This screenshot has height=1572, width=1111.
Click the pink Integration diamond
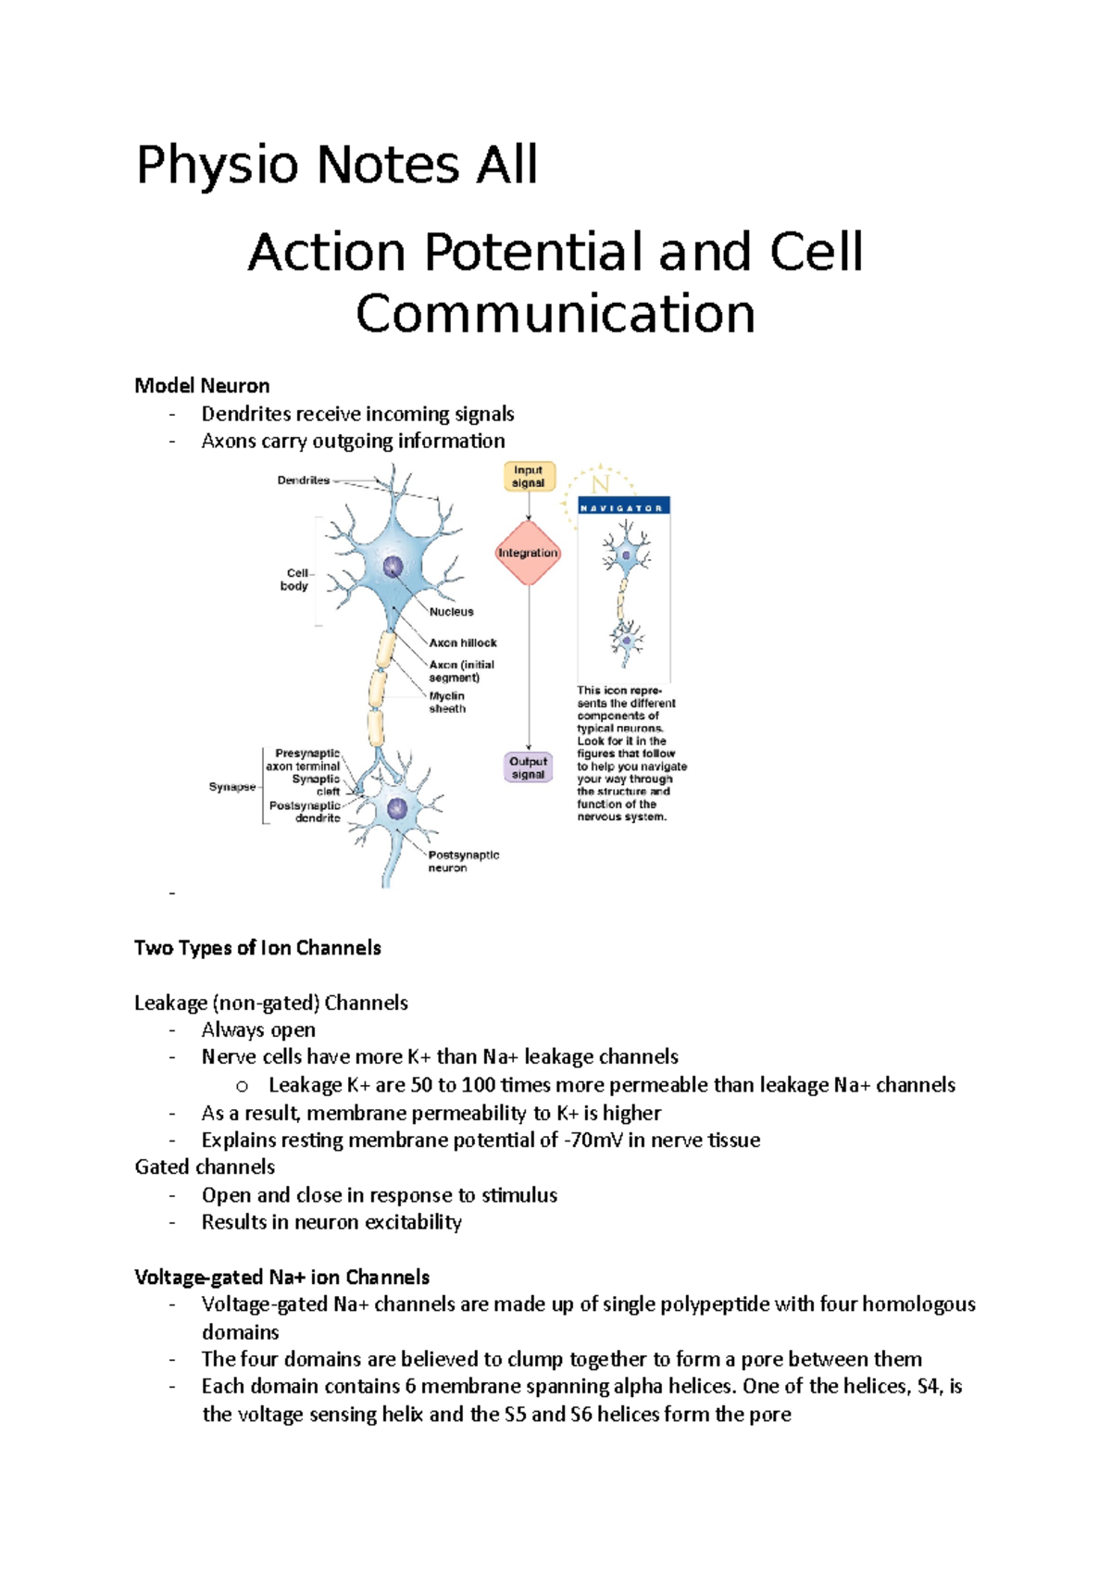click(528, 553)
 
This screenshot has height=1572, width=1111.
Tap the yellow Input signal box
click(529, 477)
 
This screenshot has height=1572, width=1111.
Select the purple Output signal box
click(528, 767)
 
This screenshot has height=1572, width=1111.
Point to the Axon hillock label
click(463, 643)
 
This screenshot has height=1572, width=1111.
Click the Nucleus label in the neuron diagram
click(451, 612)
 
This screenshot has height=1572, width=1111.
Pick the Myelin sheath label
click(447, 703)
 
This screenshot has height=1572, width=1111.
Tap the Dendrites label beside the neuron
click(304, 480)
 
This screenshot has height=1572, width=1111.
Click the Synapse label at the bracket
click(231, 787)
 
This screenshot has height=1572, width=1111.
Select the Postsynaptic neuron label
click(463, 862)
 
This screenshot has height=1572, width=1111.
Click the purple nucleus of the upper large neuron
click(393, 566)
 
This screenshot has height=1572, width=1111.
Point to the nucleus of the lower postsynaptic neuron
click(397, 808)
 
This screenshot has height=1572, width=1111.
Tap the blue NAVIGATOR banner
click(623, 507)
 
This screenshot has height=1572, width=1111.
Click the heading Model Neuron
click(202, 386)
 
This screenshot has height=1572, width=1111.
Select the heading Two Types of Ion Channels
click(257, 948)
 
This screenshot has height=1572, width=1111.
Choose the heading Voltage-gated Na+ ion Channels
click(281, 1278)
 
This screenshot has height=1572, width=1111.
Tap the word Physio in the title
click(218, 166)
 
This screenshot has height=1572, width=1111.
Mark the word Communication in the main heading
click(555, 314)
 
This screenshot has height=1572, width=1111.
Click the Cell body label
click(296, 580)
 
